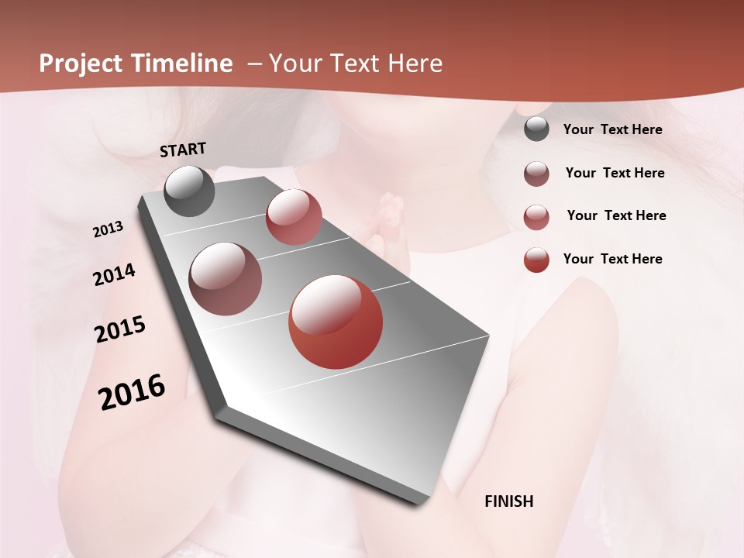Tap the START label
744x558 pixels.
(x=183, y=150)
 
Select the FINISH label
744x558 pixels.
(x=508, y=501)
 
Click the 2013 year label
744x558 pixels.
(x=108, y=229)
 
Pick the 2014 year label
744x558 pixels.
(x=114, y=275)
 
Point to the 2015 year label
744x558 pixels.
(x=120, y=329)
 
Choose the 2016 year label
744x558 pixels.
(x=132, y=392)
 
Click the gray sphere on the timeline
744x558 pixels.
(x=190, y=191)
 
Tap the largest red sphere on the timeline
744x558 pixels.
(x=336, y=322)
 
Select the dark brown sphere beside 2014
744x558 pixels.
(x=226, y=279)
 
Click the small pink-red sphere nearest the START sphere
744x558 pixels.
(x=294, y=216)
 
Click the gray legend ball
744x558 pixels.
(x=536, y=129)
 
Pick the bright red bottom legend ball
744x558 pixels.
(x=536, y=260)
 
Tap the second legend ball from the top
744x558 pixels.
(x=536, y=174)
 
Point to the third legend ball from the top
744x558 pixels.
(x=536, y=217)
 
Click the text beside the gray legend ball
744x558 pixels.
(x=612, y=130)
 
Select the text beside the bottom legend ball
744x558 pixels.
(x=612, y=259)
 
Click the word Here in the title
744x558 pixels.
(x=415, y=64)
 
